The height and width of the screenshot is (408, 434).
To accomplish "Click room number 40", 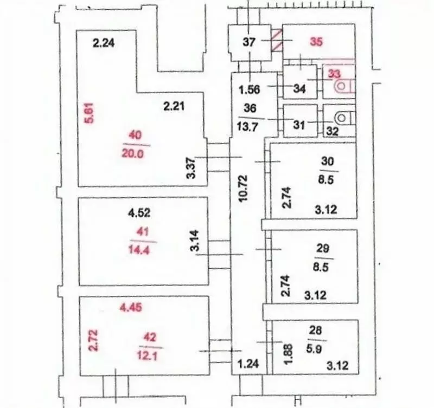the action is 135,135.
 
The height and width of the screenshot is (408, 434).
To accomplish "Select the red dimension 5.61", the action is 90,113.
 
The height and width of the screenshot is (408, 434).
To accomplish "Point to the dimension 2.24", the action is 104,43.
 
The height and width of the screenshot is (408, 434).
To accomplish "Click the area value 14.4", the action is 139,250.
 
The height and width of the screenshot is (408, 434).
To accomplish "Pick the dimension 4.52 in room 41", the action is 139,212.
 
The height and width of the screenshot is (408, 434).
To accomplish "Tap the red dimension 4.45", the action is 131,307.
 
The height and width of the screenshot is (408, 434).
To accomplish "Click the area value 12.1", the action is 147,355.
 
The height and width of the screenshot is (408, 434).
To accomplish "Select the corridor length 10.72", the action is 244,188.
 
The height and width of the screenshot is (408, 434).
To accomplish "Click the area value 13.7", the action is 247,127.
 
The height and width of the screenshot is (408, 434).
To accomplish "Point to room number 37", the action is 249,42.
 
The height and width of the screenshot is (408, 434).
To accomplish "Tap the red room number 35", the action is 316,42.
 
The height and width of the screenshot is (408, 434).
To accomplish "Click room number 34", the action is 299,89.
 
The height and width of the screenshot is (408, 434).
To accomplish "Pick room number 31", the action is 299,125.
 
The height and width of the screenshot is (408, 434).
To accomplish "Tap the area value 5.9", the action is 314,349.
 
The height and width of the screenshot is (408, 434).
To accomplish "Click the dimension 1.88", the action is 289,354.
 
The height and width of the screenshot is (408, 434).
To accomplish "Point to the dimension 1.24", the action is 248,364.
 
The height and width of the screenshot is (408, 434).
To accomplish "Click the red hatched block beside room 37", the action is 277,41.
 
